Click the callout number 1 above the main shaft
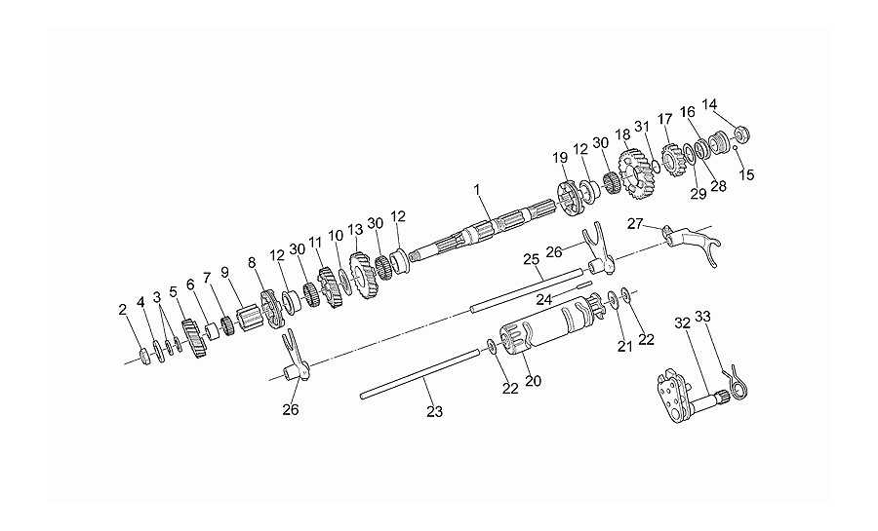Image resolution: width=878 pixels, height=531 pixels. click(x=476, y=190)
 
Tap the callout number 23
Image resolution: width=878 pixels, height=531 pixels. click(x=434, y=412)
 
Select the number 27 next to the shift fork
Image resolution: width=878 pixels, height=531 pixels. click(x=635, y=224)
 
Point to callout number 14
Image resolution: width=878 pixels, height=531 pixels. click(x=709, y=104)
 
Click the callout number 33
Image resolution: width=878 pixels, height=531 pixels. click(x=702, y=317)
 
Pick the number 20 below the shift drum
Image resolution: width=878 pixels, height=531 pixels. click(x=533, y=381)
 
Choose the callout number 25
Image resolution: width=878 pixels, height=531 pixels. click(x=532, y=259)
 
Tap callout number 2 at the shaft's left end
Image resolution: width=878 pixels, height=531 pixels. click(x=123, y=310)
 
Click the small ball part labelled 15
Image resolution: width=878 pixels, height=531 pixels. click(x=736, y=147)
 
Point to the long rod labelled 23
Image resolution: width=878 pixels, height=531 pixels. click(x=420, y=374)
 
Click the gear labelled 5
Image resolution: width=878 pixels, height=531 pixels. click(x=194, y=339)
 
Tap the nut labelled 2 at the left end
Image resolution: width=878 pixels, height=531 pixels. click(x=144, y=356)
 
